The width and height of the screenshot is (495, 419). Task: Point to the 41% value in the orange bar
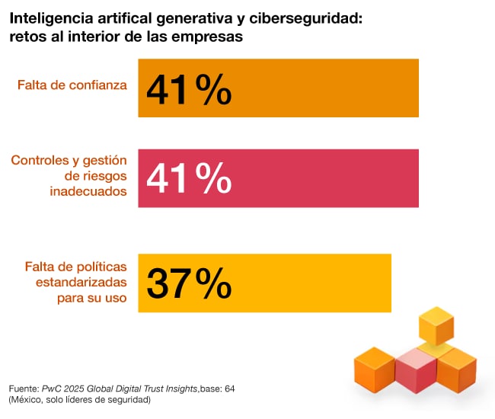[x=189, y=90]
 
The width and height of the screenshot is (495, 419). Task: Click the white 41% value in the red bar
[x=189, y=180]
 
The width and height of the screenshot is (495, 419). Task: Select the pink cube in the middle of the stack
[x=415, y=370]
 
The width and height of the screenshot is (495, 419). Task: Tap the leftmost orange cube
[x=374, y=369]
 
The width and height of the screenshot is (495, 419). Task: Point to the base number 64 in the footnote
[x=229, y=388]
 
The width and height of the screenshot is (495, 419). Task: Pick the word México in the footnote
[x=27, y=399]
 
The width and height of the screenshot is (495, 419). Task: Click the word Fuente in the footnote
[x=24, y=388]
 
